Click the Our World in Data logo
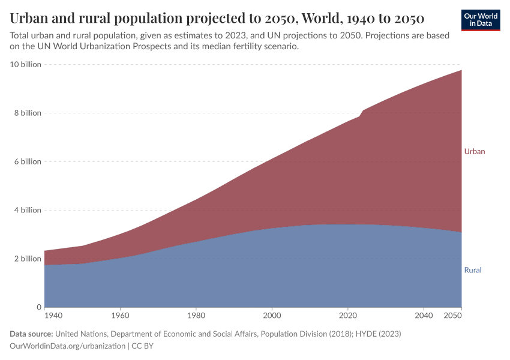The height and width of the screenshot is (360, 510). coord(481,20)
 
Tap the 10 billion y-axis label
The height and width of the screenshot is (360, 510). coord(25,64)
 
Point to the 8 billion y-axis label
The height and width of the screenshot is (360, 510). coord(27,113)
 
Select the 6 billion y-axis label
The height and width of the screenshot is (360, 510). coord(27,161)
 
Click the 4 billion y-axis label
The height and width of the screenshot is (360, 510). coord(27,210)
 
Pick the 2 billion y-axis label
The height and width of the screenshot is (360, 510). coord(27,259)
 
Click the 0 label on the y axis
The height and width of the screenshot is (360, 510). coord(38,307)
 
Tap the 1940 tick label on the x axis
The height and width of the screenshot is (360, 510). coord(53,315)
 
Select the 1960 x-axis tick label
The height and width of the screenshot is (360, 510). coord(120,315)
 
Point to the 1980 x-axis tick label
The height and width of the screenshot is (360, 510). coord(196,315)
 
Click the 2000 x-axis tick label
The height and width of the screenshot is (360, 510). coord(272,315)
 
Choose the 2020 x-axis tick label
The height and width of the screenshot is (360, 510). coord(348,315)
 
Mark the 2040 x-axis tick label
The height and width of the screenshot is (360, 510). coord(424,315)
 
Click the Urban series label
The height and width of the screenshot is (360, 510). coord(474,151)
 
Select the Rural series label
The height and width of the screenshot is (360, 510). coord(473,270)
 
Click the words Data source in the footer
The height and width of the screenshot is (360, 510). coord(31,334)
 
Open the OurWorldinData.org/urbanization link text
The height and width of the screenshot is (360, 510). coord(67,346)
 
